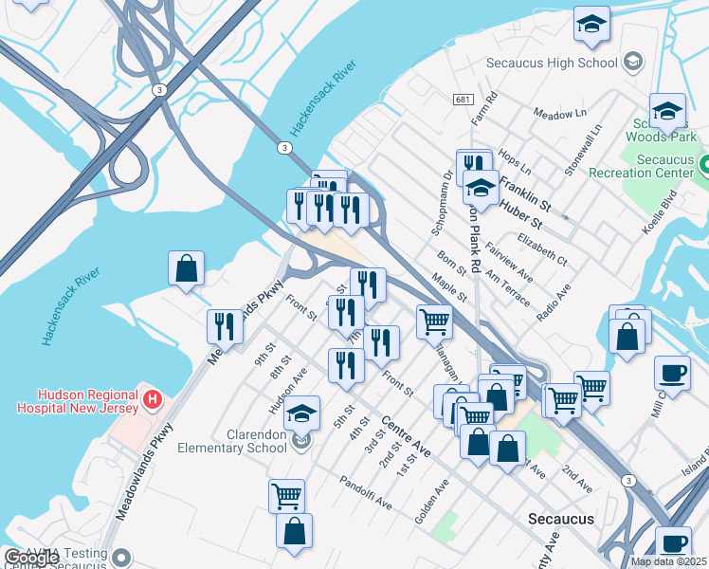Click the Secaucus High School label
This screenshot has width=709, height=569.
[552, 63]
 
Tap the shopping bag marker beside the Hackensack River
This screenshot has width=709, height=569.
[187, 269]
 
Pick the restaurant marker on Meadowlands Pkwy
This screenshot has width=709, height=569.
[225, 327]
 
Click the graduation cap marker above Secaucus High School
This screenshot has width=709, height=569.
[591, 25]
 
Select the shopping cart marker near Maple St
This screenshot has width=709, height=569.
[434, 321]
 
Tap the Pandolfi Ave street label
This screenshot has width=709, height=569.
[365, 493]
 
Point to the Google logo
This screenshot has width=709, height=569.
[31, 559]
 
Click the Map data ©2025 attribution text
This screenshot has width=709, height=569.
[668, 561]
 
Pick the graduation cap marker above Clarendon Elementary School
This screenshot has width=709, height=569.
[302, 415]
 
